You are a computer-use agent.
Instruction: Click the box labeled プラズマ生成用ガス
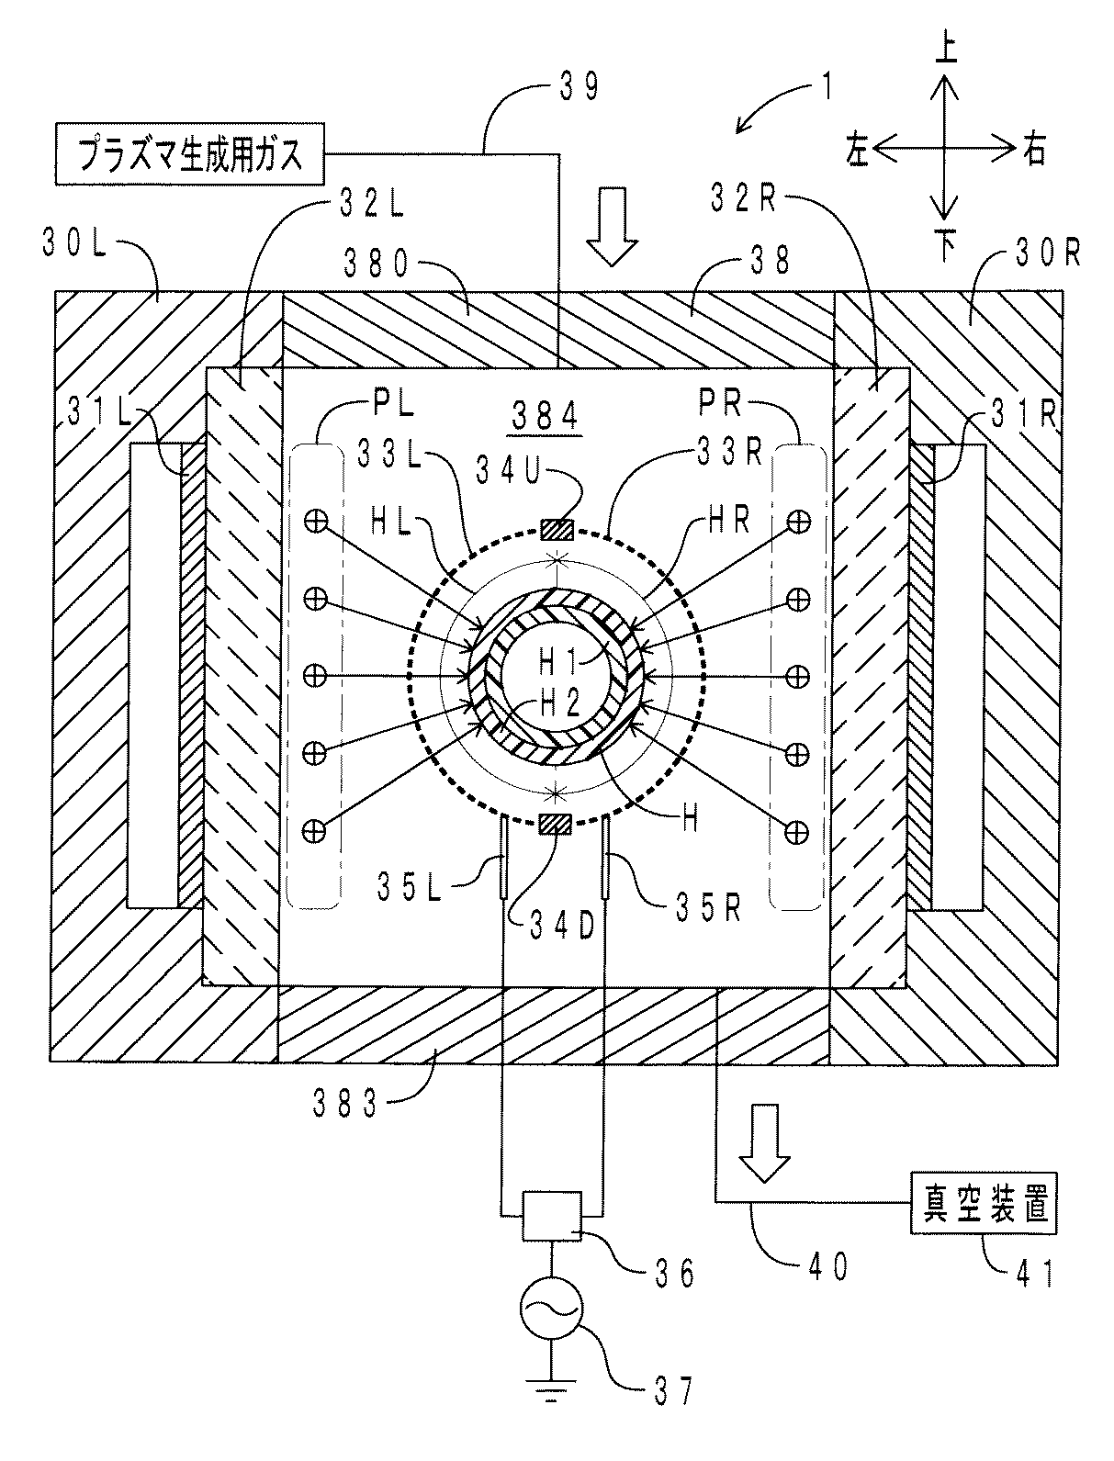[190, 153]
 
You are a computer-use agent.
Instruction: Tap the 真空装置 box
[985, 1203]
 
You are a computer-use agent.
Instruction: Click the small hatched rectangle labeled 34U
[557, 530]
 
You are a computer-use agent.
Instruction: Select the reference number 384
[545, 417]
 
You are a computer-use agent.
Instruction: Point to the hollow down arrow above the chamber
[611, 227]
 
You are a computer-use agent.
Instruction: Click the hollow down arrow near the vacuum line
[765, 1143]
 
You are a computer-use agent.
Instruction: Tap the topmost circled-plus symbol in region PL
[315, 522]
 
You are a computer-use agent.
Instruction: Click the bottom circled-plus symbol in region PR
[796, 831]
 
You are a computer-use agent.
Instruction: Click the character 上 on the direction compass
[946, 50]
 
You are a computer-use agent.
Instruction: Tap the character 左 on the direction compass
[858, 150]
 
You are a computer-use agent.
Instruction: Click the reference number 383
[345, 1104]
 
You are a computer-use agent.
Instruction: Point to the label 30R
[1048, 253]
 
